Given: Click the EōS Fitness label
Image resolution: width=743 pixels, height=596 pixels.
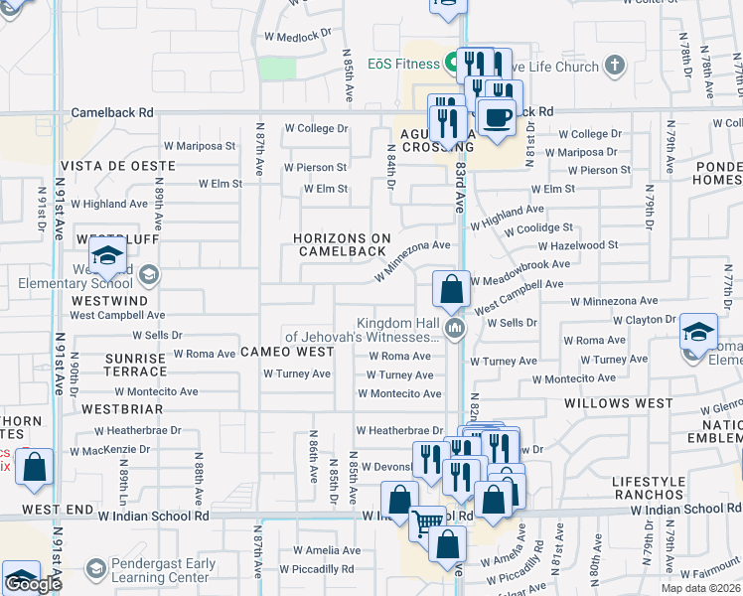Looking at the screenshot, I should point(400,65).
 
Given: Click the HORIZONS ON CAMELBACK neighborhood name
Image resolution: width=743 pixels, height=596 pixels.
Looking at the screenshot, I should point(342,244).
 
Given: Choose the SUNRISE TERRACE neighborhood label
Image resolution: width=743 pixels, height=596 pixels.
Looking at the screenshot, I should point(135,364).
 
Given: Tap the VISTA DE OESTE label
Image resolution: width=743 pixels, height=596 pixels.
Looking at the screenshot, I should point(103,166).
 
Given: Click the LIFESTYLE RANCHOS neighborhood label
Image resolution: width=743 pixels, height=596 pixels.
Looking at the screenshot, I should point(649,488).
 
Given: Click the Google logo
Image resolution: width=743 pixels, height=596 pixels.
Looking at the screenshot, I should point(32,584).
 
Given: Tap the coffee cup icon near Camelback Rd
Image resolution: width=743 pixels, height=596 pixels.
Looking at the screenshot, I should point(497,117).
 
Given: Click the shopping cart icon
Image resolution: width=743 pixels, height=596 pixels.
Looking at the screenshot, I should point(428,522).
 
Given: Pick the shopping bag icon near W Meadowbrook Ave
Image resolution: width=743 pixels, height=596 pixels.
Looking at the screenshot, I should point(451,291).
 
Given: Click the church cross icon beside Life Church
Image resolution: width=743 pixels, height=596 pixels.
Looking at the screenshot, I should point(615,67).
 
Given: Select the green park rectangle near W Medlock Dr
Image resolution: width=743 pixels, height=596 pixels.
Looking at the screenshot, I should point(278,69).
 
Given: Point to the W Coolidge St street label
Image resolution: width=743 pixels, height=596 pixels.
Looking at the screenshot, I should point(538,228).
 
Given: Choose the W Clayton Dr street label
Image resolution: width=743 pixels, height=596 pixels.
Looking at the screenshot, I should point(644,320).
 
